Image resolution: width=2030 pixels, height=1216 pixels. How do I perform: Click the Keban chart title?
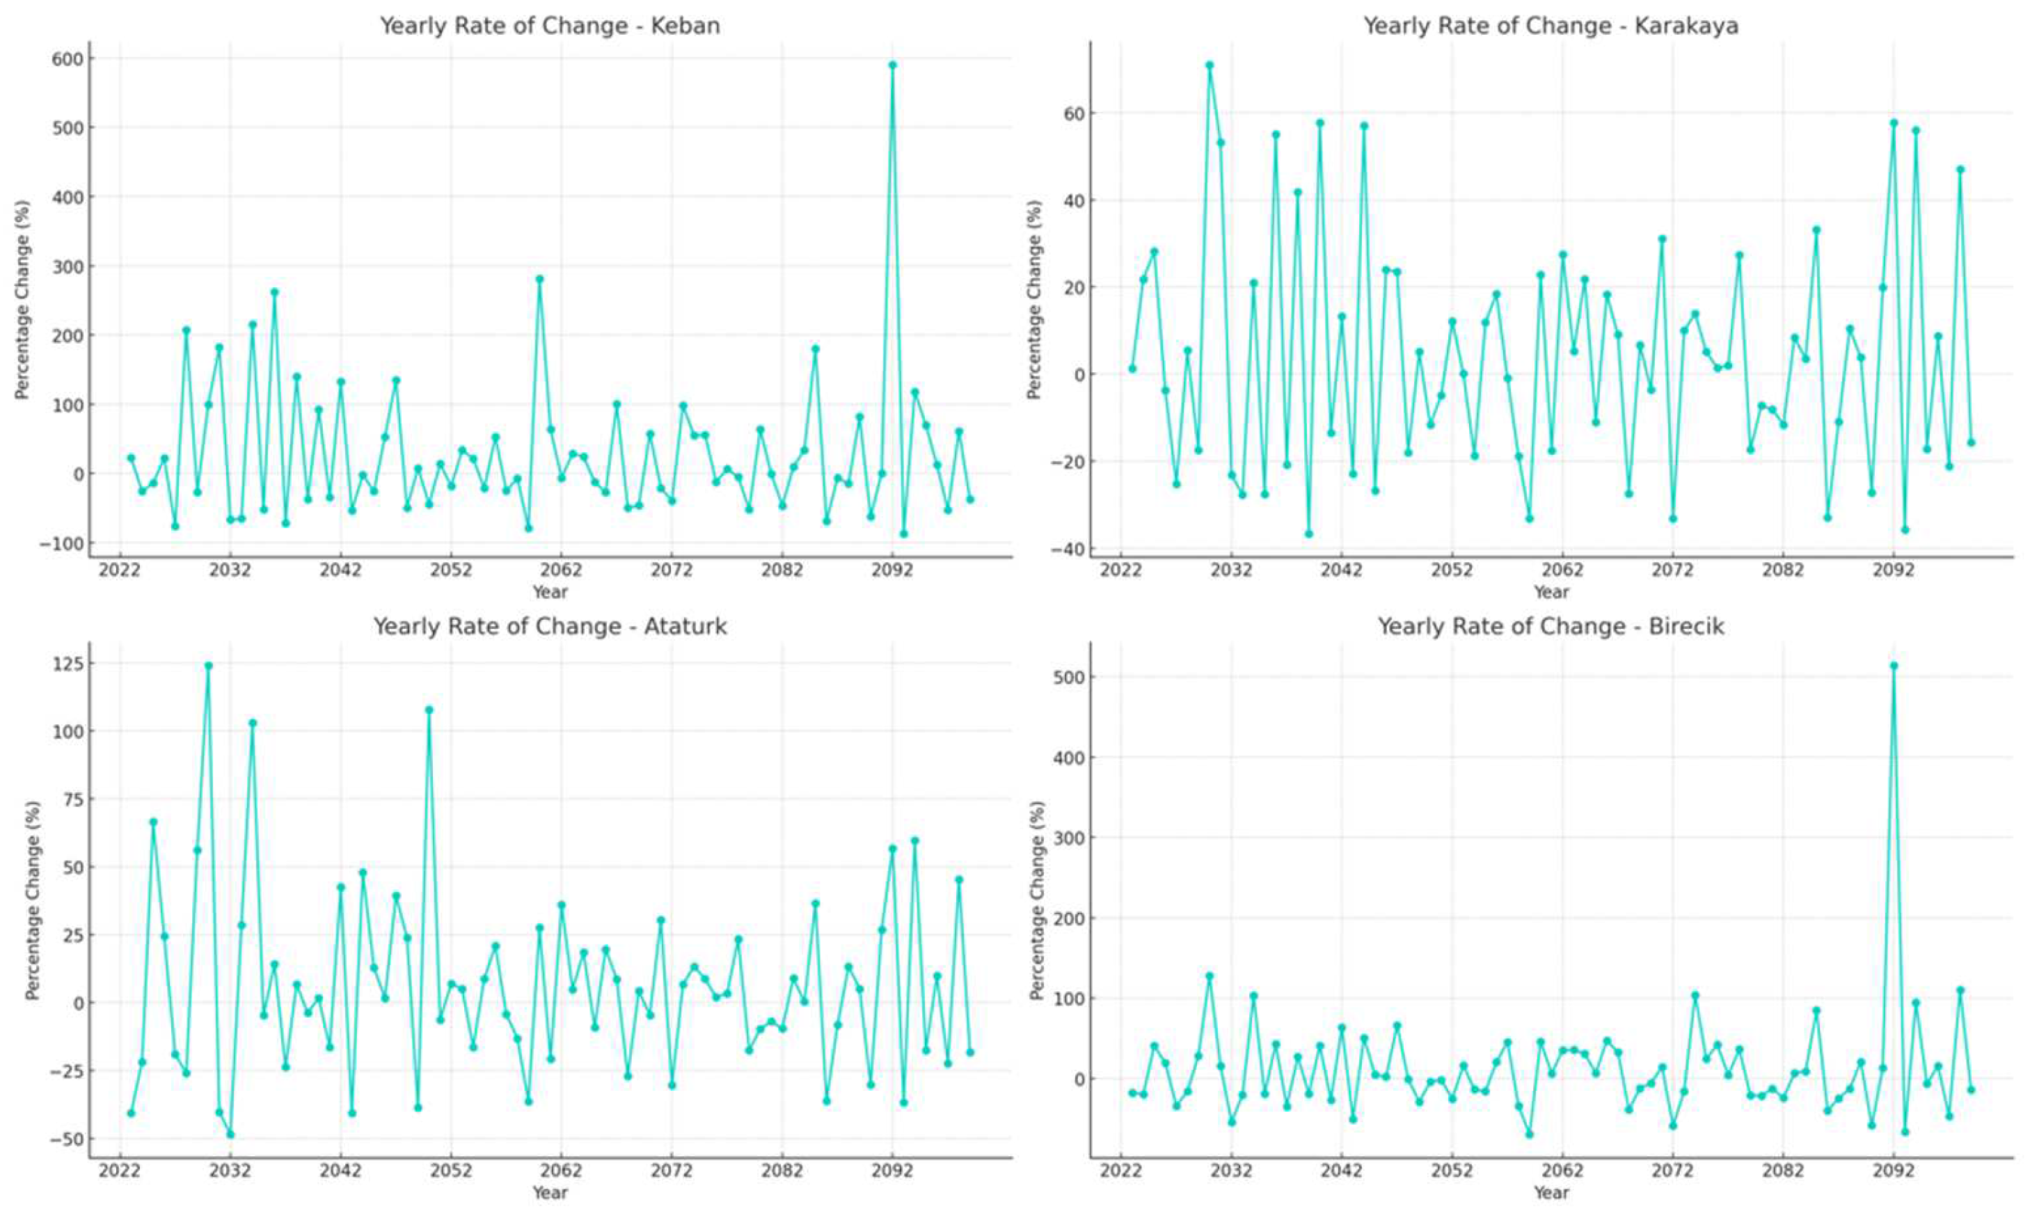549,26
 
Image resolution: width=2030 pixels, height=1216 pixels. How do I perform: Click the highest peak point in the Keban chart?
891,65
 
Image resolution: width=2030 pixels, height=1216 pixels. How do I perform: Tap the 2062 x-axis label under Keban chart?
562,570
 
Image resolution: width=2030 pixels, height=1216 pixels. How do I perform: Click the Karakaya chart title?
1551,26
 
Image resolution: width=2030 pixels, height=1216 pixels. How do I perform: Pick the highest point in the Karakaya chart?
1209,65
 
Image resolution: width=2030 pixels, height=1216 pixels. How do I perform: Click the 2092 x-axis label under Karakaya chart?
1893,570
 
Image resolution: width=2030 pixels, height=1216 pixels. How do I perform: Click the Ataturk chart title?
550,627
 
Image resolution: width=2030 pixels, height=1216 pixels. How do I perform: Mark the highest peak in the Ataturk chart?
208,665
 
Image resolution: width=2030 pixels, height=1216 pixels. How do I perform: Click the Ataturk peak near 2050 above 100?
429,710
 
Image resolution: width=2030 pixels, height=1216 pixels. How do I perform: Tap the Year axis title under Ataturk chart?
549,1192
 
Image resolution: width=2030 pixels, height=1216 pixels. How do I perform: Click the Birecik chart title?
1551,627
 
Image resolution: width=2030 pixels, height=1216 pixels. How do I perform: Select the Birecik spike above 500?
1893,665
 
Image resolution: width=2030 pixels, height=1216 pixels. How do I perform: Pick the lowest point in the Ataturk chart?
230,1134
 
